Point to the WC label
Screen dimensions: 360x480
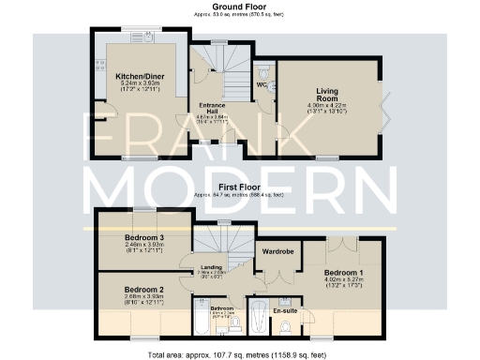click(262, 85)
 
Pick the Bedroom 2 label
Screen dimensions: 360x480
click(144, 291)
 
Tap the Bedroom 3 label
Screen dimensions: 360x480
click(144, 239)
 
